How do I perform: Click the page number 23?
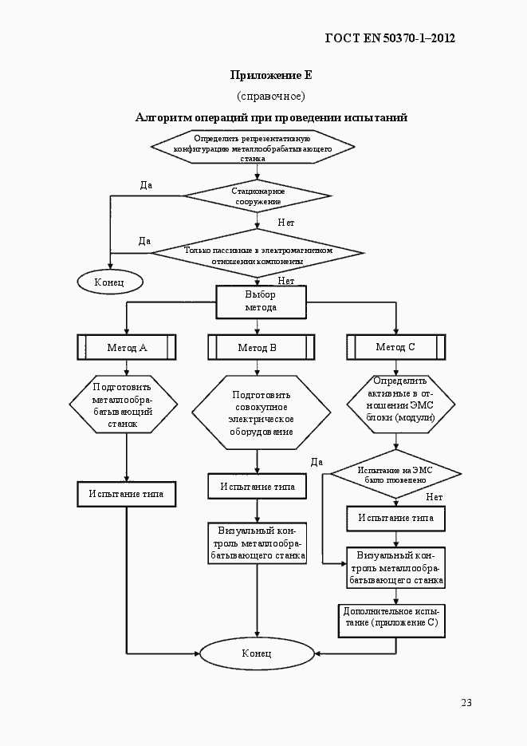point(466,703)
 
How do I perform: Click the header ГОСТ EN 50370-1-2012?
point(391,37)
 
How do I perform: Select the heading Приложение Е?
point(271,76)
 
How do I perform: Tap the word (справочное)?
point(271,97)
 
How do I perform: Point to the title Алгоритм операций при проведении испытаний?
point(271,118)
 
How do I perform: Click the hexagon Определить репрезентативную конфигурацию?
point(253,148)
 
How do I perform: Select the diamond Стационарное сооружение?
point(258,196)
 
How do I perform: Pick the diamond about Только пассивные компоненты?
point(258,255)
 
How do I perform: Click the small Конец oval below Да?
point(109,282)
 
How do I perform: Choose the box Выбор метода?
point(260,301)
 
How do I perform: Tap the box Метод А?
point(127,347)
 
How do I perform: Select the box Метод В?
point(257,347)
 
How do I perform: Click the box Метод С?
point(395,347)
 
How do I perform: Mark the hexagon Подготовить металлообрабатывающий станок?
point(122,405)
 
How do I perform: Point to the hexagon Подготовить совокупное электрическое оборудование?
point(261,412)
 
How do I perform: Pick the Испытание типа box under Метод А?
point(126,494)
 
